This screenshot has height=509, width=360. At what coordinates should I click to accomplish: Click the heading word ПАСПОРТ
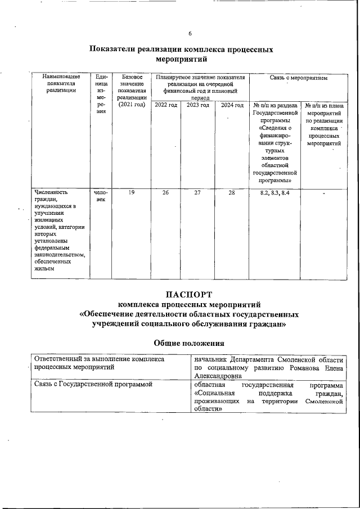point(189,294)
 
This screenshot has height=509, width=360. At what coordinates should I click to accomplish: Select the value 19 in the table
point(131,193)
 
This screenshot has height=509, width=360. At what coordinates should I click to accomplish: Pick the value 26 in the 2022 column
point(165,193)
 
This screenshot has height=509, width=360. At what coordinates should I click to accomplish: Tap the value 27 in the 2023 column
point(197,193)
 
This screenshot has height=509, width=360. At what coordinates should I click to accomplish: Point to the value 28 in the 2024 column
point(232,193)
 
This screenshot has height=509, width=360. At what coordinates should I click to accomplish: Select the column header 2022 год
point(165,105)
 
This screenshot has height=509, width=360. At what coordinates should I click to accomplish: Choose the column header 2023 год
point(197,105)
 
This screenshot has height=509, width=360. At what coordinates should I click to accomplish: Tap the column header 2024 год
point(232,105)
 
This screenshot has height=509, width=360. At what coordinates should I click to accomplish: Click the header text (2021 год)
point(132,105)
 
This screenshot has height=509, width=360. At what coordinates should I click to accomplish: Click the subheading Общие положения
point(189,343)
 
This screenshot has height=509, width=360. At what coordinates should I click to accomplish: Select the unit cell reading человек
point(101,196)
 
